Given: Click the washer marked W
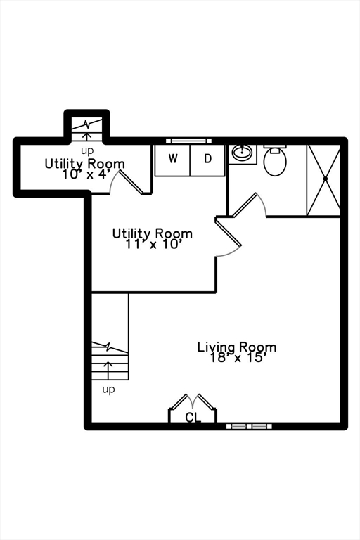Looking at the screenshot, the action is (x=172, y=160).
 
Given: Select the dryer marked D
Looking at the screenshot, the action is (x=207, y=160).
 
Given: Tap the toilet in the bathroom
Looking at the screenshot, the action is (x=275, y=160).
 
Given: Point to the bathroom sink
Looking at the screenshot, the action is (x=243, y=152).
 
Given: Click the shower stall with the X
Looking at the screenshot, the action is (x=324, y=180).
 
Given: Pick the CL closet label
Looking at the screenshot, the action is (x=193, y=418).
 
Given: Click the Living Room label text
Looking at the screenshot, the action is (x=237, y=347).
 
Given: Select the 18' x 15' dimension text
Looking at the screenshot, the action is (x=237, y=358).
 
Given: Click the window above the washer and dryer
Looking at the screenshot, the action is (x=188, y=141).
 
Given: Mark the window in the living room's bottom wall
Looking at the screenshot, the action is (x=249, y=426).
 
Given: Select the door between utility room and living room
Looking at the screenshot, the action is (x=228, y=238).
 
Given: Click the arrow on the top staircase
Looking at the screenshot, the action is (x=87, y=136).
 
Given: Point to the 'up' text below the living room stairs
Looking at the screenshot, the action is (x=108, y=390).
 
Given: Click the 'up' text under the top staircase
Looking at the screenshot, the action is (x=87, y=151).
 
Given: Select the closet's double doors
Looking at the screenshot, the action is (x=193, y=402).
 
